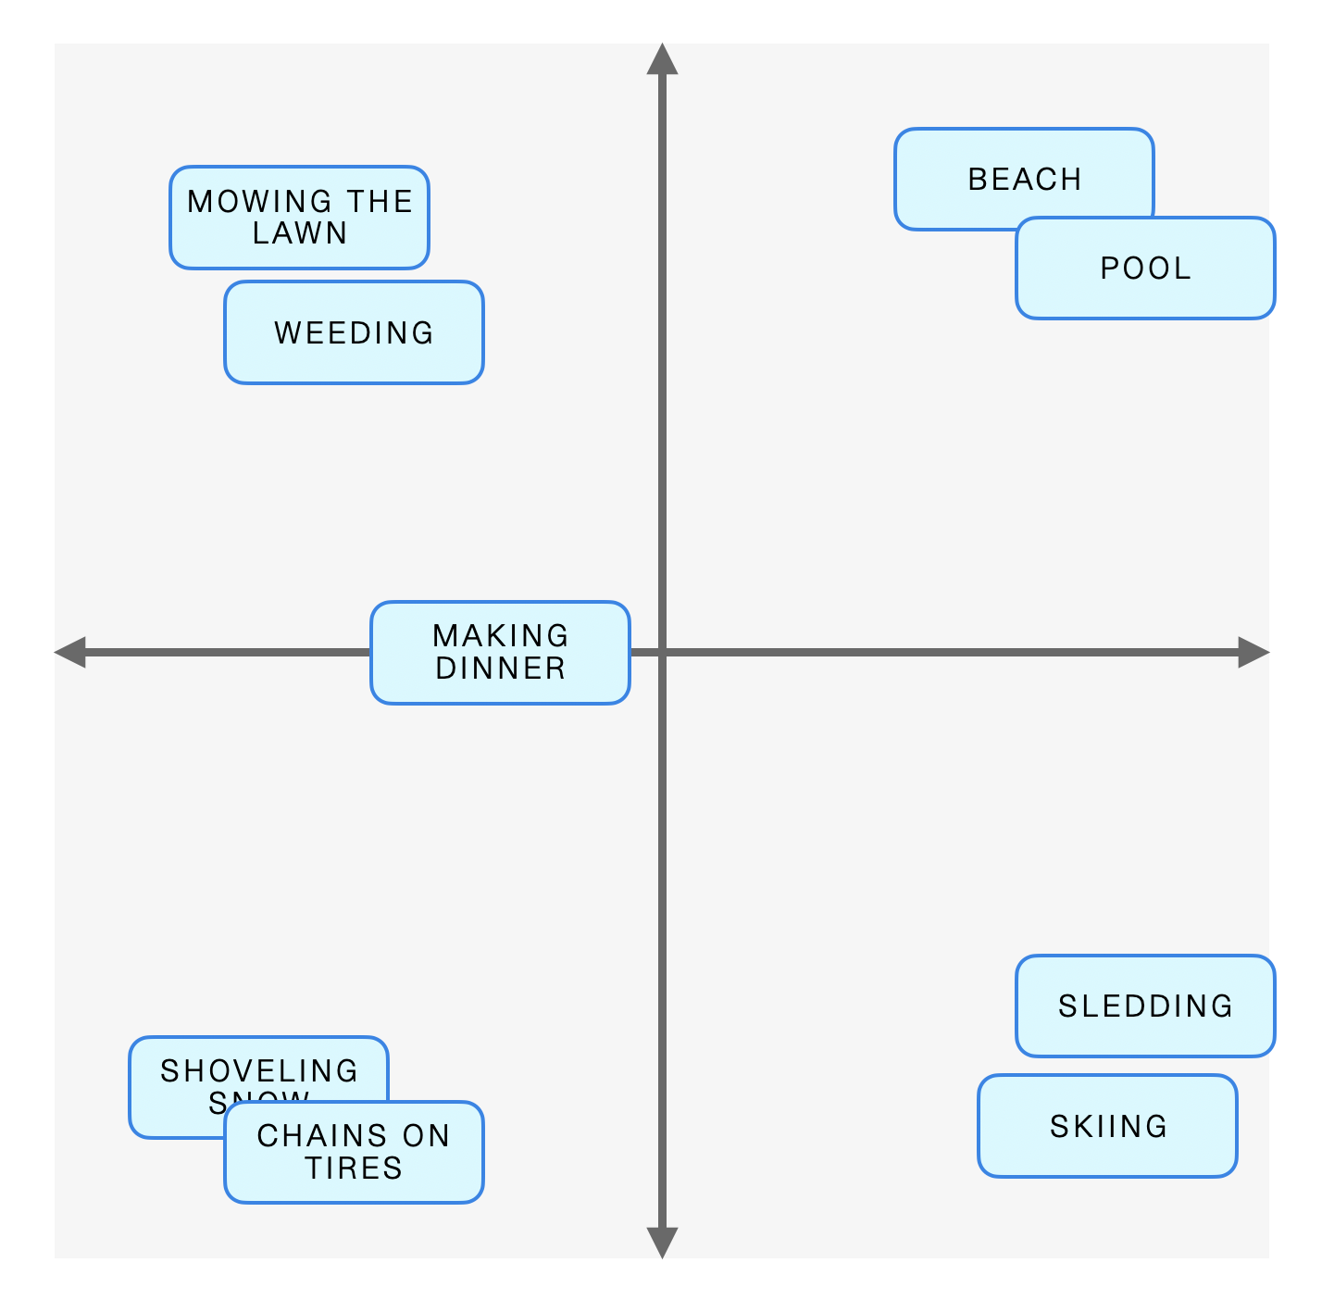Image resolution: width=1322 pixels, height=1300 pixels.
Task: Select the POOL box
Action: (x=1145, y=269)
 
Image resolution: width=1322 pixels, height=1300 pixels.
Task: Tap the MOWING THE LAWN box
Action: (x=299, y=218)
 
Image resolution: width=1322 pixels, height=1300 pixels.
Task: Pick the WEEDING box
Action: (x=354, y=332)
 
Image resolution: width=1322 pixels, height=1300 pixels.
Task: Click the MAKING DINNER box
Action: (x=500, y=653)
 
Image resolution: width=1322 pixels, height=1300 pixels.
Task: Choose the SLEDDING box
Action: (x=1145, y=1006)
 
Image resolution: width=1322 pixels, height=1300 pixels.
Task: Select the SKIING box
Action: (x=1107, y=1126)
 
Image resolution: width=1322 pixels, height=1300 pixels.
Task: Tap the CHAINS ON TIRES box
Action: (x=354, y=1152)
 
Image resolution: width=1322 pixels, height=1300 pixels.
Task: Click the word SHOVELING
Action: (x=259, y=1070)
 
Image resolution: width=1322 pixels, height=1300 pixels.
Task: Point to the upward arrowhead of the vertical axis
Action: (x=662, y=58)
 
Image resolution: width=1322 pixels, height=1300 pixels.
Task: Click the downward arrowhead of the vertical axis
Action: (x=662, y=1243)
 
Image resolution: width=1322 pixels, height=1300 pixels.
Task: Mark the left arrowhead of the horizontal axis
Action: (x=70, y=652)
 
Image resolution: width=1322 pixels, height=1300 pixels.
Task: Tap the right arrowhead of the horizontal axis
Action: (x=1253, y=652)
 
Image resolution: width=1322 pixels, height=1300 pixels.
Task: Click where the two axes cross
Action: (x=662, y=652)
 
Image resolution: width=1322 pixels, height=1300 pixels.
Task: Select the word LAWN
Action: (x=300, y=233)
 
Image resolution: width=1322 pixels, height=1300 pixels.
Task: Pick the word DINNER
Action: (x=500, y=669)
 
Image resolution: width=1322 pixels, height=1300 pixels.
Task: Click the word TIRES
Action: (x=354, y=1169)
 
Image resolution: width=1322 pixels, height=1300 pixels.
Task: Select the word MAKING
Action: (x=500, y=636)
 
